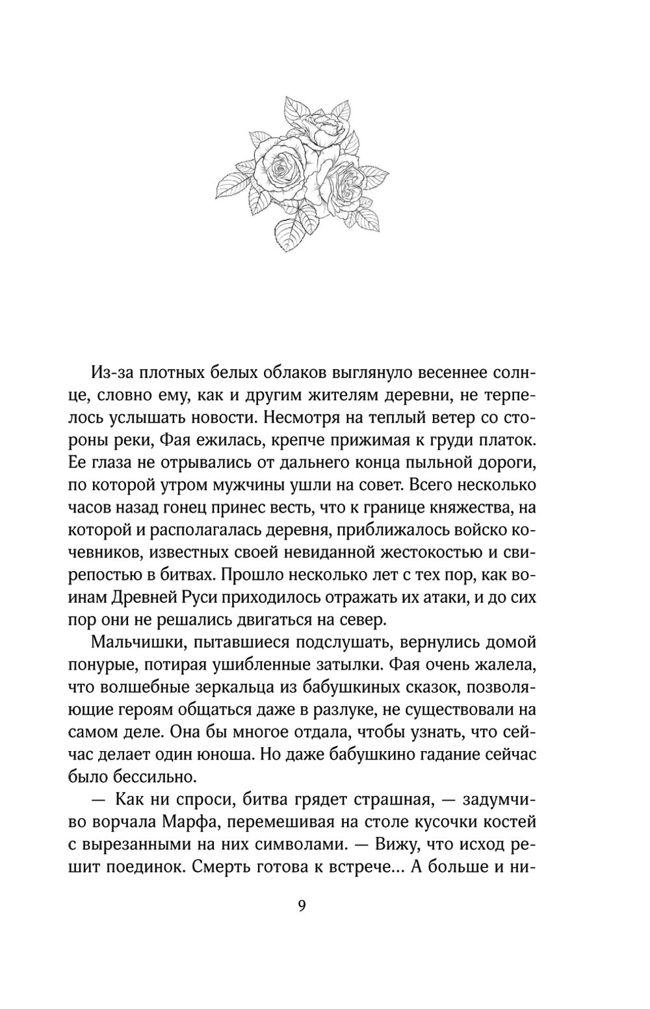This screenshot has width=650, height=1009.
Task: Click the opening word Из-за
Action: pyautogui.click(x=115, y=375)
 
